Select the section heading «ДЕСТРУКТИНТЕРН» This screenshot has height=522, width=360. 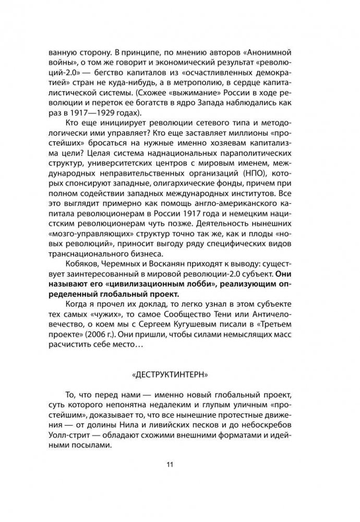pyautogui.click(x=179, y=374)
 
